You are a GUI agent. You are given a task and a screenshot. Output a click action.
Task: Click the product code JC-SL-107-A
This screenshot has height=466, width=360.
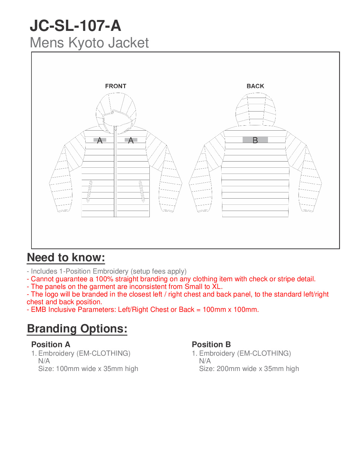pyautogui.click(x=75, y=26)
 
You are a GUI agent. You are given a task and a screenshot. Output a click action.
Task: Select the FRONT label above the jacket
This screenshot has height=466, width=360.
pyautogui.click(x=116, y=86)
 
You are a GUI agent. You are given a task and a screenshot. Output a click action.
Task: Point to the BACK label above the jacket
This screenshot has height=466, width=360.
pyautogui.click(x=255, y=86)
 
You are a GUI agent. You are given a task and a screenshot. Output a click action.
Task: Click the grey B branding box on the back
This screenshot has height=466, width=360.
pyautogui.click(x=255, y=140)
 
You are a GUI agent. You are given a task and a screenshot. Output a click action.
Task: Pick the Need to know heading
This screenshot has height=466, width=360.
pyautogui.click(x=66, y=257)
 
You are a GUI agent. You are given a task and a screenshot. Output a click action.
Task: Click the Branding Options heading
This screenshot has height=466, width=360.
pyautogui.click(x=77, y=329)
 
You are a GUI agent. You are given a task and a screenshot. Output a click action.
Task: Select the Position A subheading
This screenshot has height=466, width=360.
pyautogui.click(x=51, y=344)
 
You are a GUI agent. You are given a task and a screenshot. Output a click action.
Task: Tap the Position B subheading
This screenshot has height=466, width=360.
pyautogui.click(x=211, y=344)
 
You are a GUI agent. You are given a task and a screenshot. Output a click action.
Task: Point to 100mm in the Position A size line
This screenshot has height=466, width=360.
pyautogui.click(x=66, y=369)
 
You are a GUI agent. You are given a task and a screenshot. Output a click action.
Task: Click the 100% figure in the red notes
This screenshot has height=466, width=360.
pyautogui.click(x=104, y=279)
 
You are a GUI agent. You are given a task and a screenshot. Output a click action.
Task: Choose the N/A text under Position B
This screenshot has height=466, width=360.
pyautogui.click(x=205, y=361)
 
